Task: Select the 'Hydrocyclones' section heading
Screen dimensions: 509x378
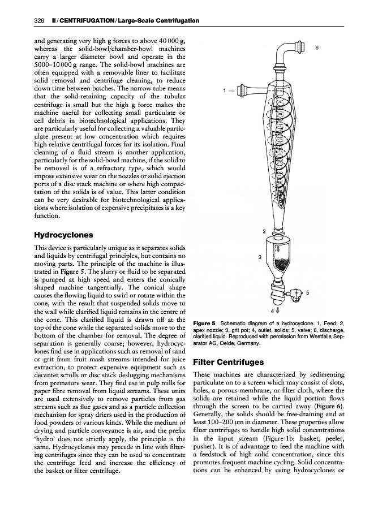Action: [x=63, y=234]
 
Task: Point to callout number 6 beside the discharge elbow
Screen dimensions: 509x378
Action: [x=316, y=48]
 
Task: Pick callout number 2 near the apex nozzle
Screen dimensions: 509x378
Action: [x=264, y=231]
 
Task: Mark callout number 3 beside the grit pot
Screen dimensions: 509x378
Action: [x=259, y=257]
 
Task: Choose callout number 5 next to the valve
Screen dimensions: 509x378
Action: [x=307, y=293]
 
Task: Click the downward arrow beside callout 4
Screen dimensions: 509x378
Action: [x=278, y=310]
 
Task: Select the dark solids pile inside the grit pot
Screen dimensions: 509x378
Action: [x=281, y=263]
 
